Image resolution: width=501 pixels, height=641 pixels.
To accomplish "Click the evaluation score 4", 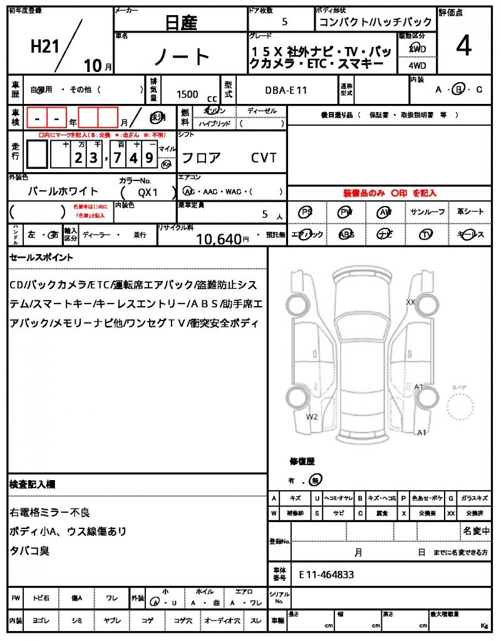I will [x=464, y=47].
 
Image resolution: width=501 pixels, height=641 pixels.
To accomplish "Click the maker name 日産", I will [x=180, y=23].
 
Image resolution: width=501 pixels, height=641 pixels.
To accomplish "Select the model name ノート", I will [x=182, y=57].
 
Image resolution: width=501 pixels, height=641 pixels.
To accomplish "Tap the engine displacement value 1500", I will [x=187, y=94].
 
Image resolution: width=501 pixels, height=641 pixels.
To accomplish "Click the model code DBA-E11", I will [x=286, y=90].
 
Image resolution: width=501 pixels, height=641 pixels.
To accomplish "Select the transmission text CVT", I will [x=264, y=158].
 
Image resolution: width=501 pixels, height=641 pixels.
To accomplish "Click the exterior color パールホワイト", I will [x=63, y=191].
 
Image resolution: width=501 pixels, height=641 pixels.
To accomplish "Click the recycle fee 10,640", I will [x=219, y=238].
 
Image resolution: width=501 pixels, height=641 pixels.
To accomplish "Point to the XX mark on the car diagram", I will [x=411, y=302].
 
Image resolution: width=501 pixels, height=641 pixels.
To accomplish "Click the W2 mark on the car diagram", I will [x=312, y=416].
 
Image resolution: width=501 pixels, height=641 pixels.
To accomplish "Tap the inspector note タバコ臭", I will [x=29, y=551].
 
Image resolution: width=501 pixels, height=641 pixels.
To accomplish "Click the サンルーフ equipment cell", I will [x=428, y=212].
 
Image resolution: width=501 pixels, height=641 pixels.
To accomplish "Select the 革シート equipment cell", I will [x=470, y=212].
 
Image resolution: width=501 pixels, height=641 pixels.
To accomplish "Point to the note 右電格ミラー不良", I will [x=50, y=513].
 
